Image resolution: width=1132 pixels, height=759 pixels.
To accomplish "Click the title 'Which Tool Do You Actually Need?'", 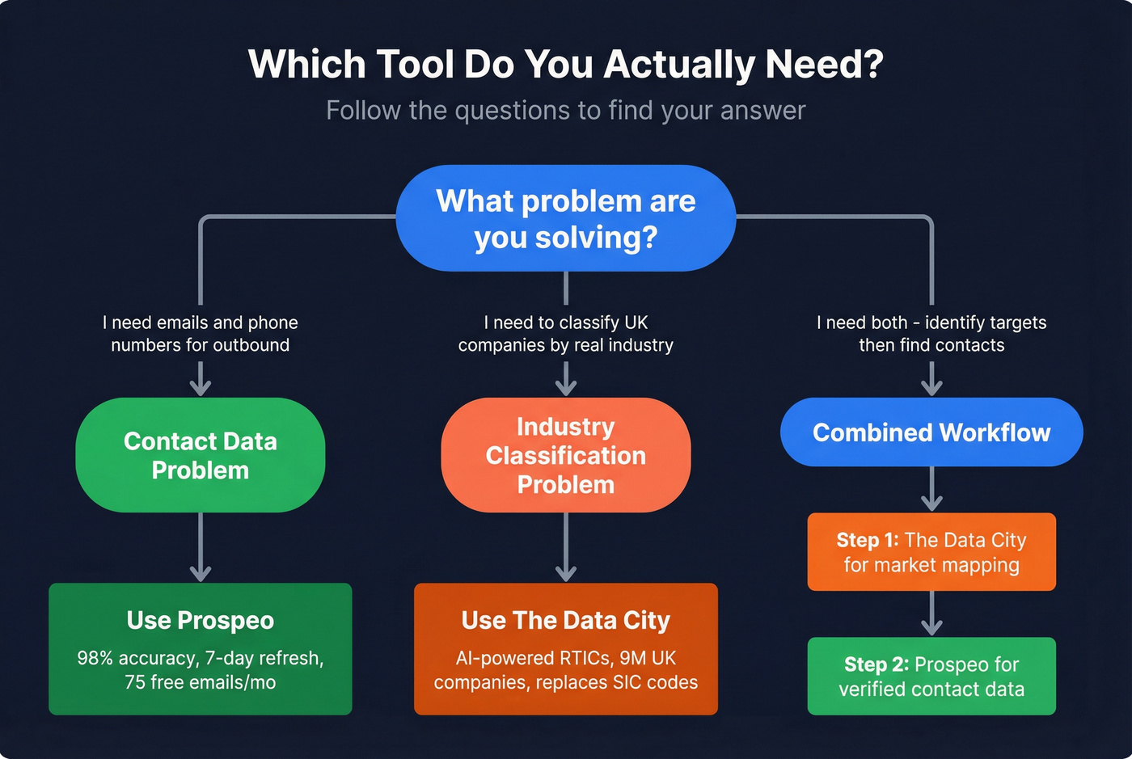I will (565, 65).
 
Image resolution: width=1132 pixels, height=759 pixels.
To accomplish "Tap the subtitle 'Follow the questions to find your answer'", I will (565, 110).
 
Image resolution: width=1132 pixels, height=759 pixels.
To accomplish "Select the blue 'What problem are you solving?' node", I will (565, 218).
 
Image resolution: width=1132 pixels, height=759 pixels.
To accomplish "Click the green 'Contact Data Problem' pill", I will (200, 455).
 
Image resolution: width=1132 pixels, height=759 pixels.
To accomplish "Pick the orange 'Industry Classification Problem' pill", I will (565, 455).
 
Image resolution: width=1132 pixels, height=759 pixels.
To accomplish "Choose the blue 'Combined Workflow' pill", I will (931, 432).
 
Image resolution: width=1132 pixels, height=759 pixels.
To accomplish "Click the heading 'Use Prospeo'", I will (200, 620).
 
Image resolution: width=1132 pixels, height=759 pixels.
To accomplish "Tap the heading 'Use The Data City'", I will (565, 620).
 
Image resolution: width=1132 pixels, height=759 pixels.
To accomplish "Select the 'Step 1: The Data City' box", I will (931, 551).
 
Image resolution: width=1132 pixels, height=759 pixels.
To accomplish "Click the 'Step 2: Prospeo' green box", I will (931, 676).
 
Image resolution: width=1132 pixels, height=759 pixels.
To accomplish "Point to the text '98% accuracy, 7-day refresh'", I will (200, 658).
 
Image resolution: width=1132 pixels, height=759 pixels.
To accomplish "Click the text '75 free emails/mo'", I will (200, 682).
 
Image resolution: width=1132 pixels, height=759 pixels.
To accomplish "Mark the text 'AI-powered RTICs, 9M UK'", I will (565, 658).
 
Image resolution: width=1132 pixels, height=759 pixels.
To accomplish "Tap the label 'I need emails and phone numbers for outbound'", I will (200, 334).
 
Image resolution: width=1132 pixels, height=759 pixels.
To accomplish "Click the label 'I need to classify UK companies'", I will (565, 334).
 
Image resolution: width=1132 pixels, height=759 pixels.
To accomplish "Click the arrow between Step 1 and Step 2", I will (931, 614).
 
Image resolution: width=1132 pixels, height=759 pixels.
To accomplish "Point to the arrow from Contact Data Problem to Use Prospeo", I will (200, 548).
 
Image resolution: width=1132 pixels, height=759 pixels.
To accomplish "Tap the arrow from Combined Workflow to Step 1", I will (931, 490).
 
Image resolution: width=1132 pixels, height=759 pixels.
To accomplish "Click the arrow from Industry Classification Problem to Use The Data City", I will (565, 548).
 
